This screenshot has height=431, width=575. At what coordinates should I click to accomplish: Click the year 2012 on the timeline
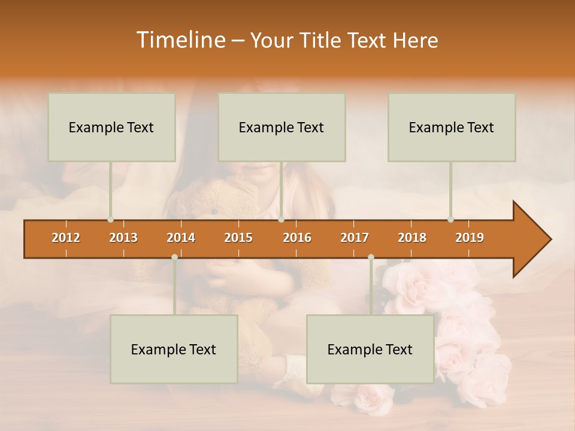(66, 238)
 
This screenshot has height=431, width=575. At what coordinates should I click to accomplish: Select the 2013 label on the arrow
(123, 238)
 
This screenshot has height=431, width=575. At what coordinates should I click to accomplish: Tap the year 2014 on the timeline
(181, 238)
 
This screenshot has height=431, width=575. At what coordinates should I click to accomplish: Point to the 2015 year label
(238, 238)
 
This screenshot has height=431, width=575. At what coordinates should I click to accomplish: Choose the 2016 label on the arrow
(297, 238)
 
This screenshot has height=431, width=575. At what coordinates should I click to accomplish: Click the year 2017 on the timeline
(355, 238)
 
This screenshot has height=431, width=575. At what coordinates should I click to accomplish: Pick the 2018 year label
(412, 238)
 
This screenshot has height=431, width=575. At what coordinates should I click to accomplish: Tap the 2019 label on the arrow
(470, 238)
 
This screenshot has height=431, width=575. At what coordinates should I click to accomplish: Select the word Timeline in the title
(180, 40)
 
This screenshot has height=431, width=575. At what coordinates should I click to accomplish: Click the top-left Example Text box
(111, 127)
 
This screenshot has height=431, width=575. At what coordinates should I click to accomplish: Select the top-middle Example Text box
(282, 127)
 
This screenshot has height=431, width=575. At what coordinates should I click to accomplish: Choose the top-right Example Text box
(452, 127)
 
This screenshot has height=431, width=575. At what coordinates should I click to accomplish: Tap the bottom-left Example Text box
(174, 349)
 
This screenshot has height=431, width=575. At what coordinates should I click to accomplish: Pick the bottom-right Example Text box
(370, 349)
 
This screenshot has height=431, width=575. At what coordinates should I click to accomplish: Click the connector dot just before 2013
(110, 220)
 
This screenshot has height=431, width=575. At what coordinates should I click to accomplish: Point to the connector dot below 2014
(174, 257)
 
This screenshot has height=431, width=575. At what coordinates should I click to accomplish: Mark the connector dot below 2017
(371, 257)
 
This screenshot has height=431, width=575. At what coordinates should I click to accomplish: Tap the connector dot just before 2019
(450, 220)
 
